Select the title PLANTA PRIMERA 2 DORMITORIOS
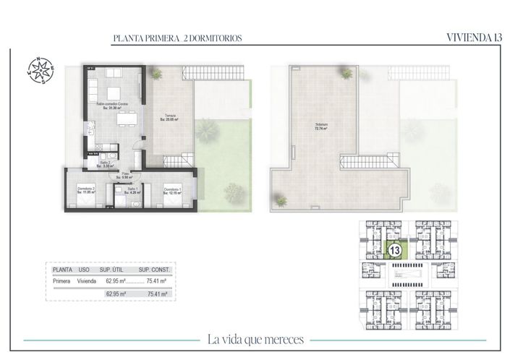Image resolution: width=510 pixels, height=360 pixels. click(x=177, y=38)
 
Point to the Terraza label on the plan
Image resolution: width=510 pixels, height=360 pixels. click(x=169, y=118)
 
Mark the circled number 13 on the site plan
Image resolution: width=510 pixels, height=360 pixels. click(x=395, y=249)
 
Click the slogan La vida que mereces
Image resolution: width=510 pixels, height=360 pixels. click(x=255, y=339)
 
